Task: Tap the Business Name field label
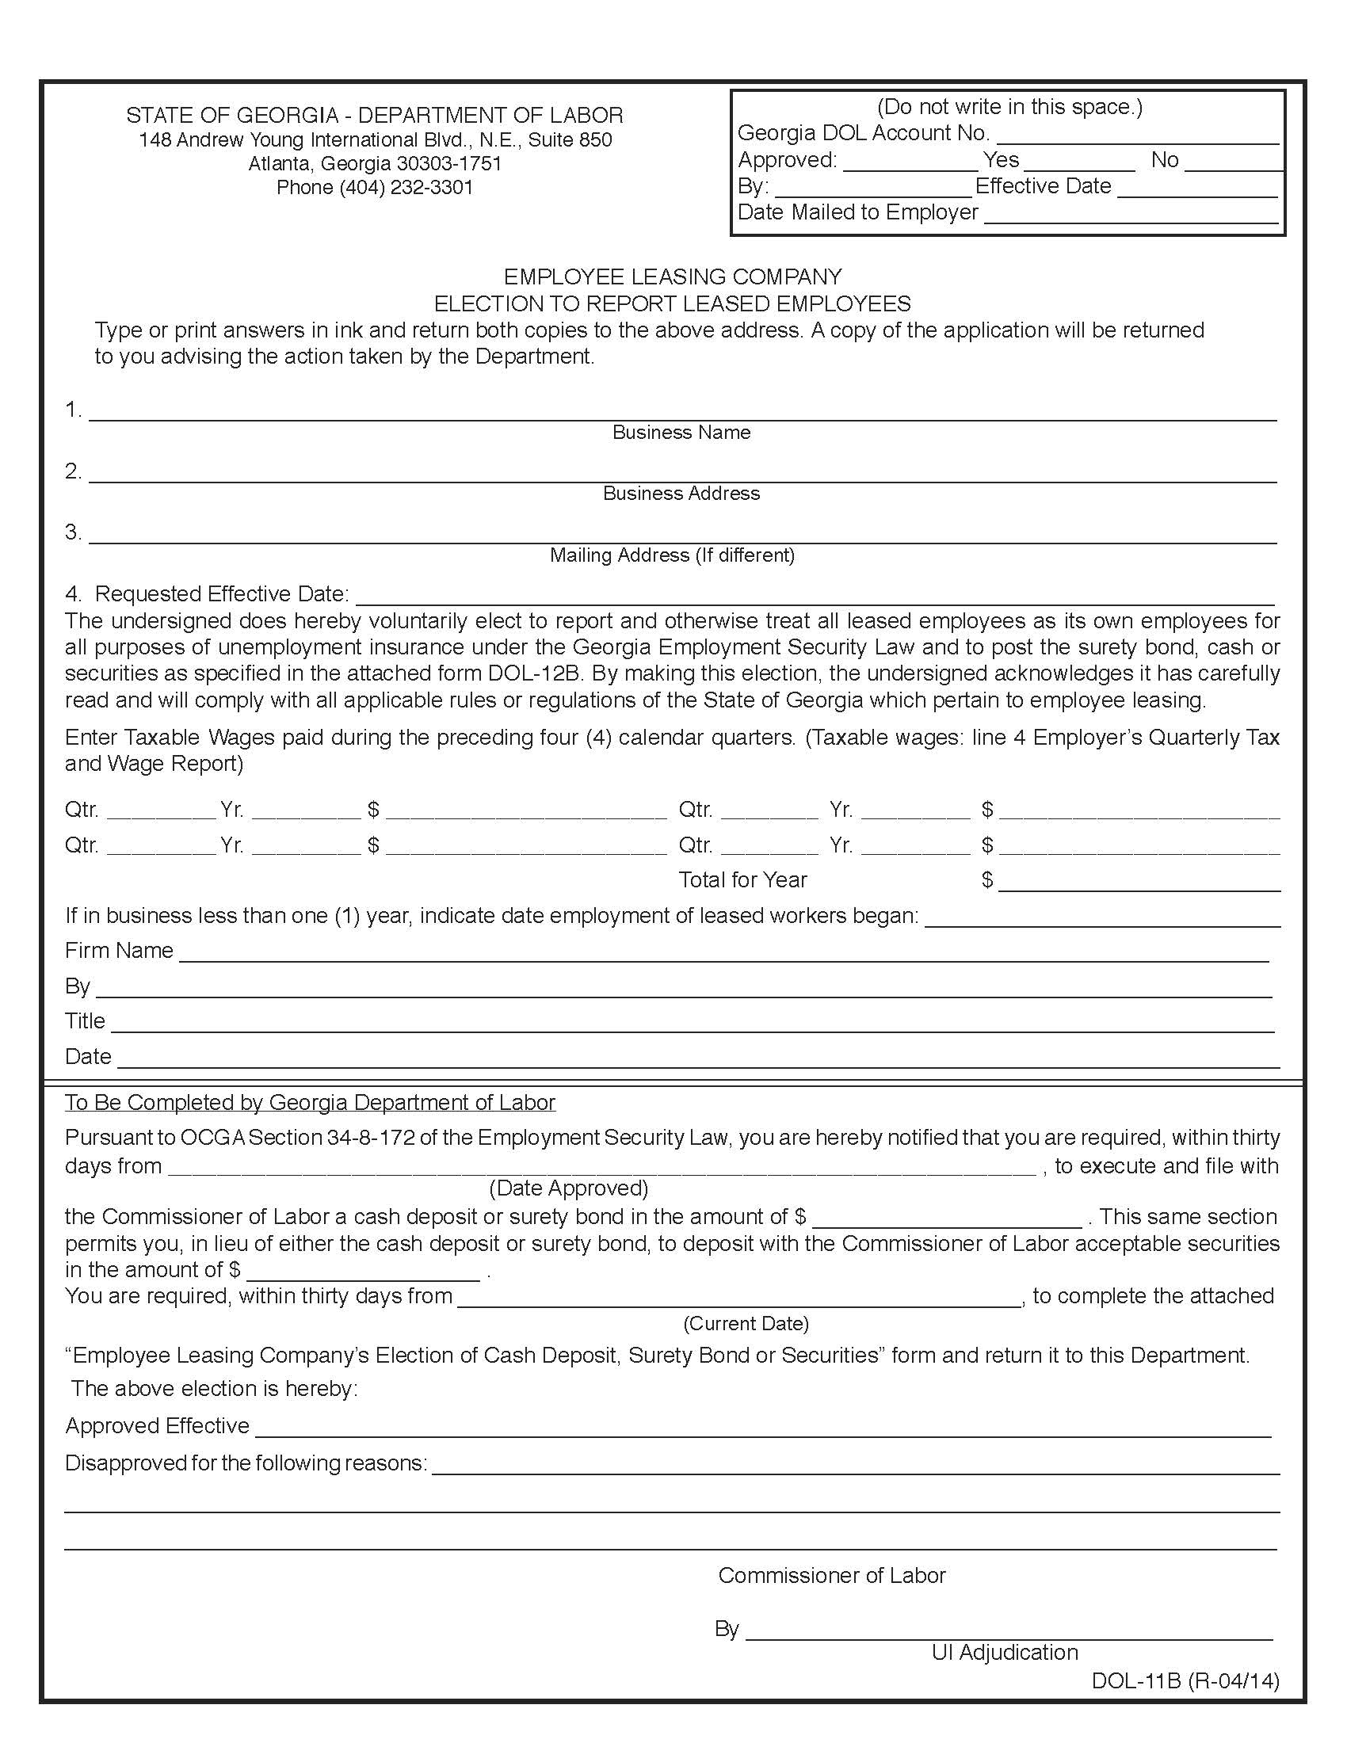click(x=681, y=433)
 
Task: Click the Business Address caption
click(x=681, y=494)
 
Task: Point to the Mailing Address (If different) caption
click(x=672, y=555)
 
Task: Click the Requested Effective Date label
click(x=221, y=593)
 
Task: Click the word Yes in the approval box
click(x=1001, y=160)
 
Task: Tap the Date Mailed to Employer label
click(x=857, y=212)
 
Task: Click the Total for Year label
click(x=742, y=879)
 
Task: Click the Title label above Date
click(x=85, y=1020)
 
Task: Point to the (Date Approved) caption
click(x=568, y=1188)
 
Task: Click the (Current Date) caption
click(x=746, y=1324)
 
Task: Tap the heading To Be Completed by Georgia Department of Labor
click(x=310, y=1103)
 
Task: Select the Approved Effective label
click(x=157, y=1426)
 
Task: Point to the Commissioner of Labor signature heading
click(x=831, y=1575)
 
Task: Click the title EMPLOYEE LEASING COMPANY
click(x=672, y=277)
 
